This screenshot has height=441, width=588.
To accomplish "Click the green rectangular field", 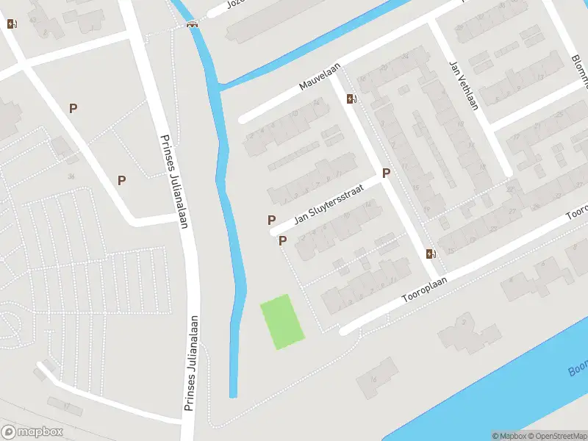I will point(282,321).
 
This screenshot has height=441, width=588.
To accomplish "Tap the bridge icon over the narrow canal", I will point(193,24).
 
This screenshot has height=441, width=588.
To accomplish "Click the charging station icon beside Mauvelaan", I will point(352,99).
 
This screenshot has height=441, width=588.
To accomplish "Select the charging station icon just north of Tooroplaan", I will point(431,254).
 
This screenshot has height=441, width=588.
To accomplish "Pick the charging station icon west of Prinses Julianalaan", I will point(11,24).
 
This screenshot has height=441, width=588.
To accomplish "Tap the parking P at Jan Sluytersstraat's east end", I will point(385,173).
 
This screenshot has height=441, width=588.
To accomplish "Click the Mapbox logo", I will point(32,431).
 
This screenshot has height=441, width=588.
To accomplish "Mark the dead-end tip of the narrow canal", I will point(233,395).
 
